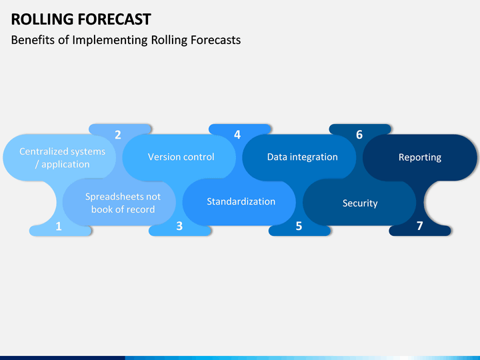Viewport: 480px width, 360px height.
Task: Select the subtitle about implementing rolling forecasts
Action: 126,40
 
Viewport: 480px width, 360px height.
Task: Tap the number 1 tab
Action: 59,227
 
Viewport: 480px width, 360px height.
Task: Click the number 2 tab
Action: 118,135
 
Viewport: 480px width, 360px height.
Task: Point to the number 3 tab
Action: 179,227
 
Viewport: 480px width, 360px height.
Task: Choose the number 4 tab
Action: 237,135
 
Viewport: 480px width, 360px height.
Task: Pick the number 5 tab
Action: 299,227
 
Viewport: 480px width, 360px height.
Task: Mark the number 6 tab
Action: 359,135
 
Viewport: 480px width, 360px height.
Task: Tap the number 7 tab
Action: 419,227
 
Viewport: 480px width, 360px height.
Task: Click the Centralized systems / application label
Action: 62,157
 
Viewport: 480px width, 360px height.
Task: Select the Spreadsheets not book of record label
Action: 123,203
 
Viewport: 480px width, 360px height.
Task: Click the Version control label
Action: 181,157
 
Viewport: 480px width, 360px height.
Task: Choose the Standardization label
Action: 241,201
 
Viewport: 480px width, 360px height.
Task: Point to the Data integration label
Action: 302,157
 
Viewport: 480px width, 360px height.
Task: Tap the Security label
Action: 360,203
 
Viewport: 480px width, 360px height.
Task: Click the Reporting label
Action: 420,157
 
